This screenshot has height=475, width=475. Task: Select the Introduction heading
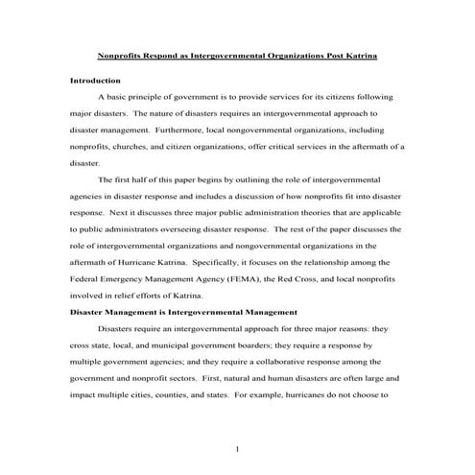click(96, 80)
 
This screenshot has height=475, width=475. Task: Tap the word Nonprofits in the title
click(129, 57)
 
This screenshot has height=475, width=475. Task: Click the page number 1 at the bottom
click(237, 449)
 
